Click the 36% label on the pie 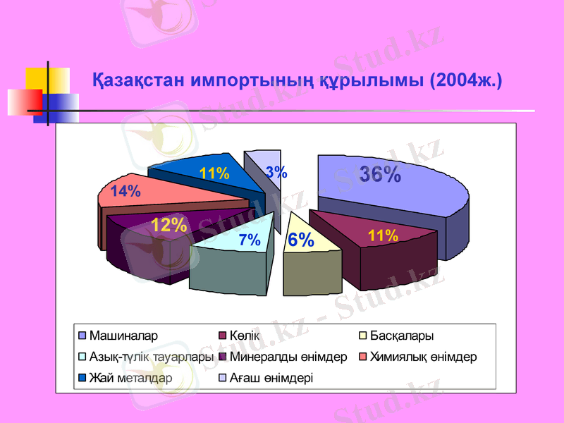[x=380, y=174]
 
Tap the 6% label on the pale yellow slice [x=301, y=240]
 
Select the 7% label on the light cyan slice [x=250, y=240]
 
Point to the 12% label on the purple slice [x=169, y=225]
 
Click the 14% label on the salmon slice [x=125, y=191]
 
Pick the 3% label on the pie [x=276, y=171]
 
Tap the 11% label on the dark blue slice [x=214, y=173]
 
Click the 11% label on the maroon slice [x=383, y=235]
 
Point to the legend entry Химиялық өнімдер [x=423, y=357]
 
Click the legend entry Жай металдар [x=130, y=378]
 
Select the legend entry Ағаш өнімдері [x=271, y=378]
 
